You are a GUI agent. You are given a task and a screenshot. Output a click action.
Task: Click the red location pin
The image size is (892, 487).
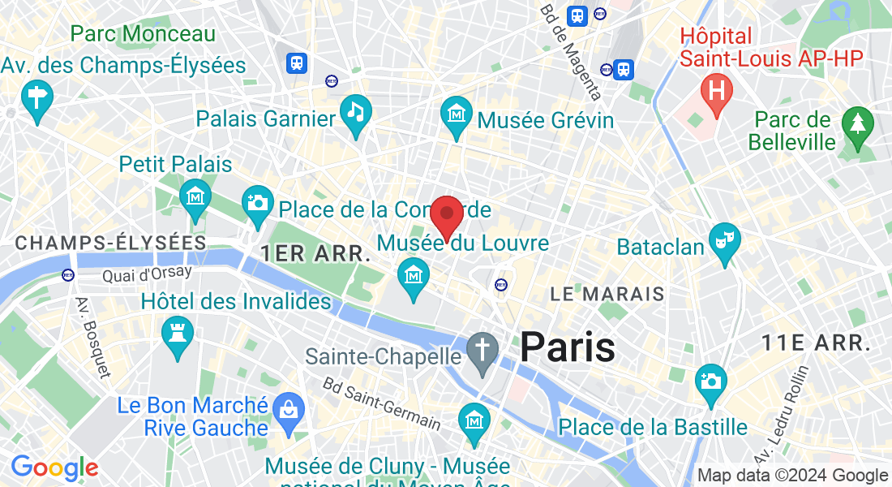[x=446, y=216]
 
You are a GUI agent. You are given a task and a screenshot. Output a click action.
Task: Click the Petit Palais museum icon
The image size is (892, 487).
[x=195, y=196]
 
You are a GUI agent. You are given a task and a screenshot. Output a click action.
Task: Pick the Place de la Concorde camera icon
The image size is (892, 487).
[x=258, y=200]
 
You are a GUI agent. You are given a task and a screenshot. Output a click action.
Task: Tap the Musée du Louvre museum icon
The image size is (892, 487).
[x=414, y=274]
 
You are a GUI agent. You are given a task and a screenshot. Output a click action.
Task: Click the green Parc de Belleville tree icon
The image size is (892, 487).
[x=857, y=123]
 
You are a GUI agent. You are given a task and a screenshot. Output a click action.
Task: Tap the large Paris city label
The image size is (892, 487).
[x=567, y=347]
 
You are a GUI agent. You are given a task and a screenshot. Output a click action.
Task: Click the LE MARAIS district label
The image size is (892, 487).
[x=607, y=294]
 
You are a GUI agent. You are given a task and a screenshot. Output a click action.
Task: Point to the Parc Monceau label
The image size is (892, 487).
[x=143, y=34]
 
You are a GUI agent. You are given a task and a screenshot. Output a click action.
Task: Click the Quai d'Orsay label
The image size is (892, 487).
[x=147, y=275]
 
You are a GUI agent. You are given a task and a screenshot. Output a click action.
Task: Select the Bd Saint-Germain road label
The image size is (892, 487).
[x=381, y=403]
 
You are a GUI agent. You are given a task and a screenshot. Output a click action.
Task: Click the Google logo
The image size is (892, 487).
[x=54, y=468]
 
